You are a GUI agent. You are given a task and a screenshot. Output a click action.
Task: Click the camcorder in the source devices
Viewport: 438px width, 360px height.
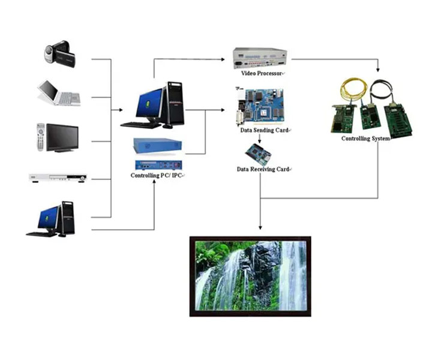pos(60,54)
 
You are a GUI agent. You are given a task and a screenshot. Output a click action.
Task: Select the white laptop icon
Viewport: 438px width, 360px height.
pos(59,93)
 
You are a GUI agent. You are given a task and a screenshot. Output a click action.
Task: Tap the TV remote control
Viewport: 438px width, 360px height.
pos(41,137)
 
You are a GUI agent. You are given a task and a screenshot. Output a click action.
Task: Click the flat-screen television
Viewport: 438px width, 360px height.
pos(62,138)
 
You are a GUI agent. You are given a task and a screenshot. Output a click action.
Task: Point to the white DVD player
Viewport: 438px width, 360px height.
pos(58,178)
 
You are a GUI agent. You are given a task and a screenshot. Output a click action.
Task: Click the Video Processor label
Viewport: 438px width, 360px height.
pos(262,73)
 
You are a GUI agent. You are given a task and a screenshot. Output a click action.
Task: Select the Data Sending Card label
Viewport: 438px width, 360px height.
pos(264,130)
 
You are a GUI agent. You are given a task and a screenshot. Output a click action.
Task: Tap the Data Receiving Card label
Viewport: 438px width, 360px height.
pos(263,169)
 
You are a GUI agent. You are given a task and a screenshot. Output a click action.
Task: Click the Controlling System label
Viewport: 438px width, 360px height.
pos(365,139)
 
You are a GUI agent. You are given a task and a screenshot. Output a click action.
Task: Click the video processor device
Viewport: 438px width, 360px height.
pos(260,58)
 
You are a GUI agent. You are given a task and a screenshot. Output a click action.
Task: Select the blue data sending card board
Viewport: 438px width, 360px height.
pos(260,107)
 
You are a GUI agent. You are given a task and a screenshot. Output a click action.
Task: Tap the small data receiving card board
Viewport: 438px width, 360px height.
pos(258,154)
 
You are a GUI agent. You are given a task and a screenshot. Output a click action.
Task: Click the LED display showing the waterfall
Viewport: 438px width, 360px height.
pos(250,277)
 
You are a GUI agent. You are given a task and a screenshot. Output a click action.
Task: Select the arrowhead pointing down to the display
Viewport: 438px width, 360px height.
pos(260,227)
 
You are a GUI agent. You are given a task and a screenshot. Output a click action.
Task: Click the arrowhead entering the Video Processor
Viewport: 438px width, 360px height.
pos(223,59)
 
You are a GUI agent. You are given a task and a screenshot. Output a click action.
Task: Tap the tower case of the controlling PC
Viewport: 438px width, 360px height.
pos(175,103)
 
